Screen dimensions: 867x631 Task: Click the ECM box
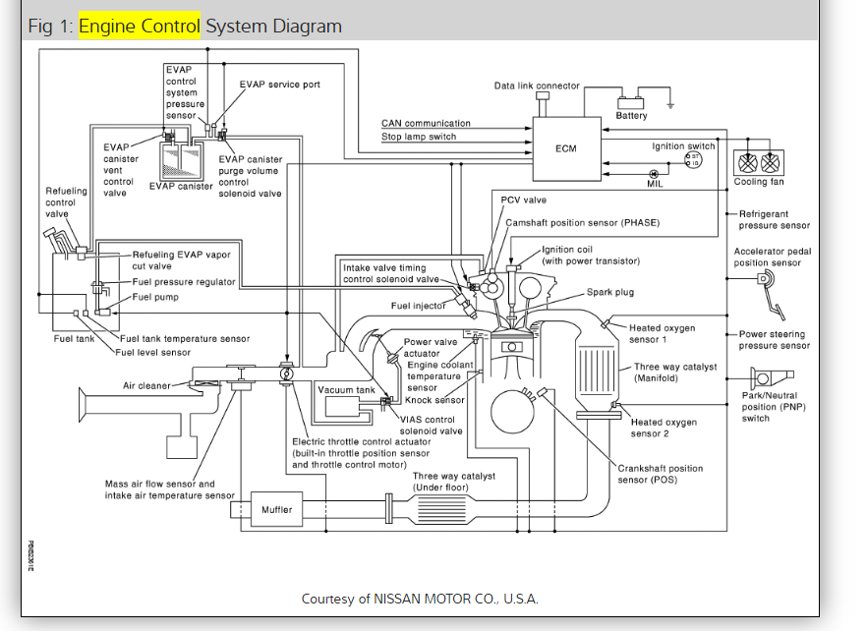coord(567,148)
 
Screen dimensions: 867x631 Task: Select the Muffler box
coord(276,509)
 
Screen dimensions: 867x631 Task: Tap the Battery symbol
coord(631,103)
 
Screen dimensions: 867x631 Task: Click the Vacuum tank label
coord(346,390)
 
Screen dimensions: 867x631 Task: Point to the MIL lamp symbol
coord(654,174)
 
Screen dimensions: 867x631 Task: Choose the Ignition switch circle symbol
coord(693,160)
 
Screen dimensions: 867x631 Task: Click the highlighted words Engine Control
coord(140,26)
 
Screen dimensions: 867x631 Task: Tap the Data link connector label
coord(537,86)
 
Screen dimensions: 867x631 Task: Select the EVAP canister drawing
coord(181,160)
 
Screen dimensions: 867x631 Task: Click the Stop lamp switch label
coord(419,137)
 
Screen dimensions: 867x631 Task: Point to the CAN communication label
coord(426,123)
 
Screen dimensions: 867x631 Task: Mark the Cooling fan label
coord(759,182)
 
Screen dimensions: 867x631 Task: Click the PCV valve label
coord(523,200)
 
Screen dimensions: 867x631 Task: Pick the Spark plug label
coord(609,292)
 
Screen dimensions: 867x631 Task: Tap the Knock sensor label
coord(434,400)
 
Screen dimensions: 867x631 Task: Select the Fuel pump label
coord(155,297)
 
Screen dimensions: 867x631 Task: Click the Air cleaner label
coord(146,385)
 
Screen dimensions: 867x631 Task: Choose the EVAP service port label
coord(280,85)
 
